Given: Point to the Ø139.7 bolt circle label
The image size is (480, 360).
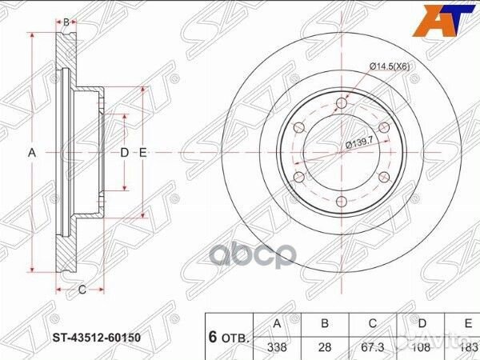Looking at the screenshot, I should point(362,144).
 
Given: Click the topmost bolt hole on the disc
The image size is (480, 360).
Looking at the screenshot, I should point(341,102).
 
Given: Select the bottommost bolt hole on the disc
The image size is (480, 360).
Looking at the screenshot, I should point(341,201).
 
